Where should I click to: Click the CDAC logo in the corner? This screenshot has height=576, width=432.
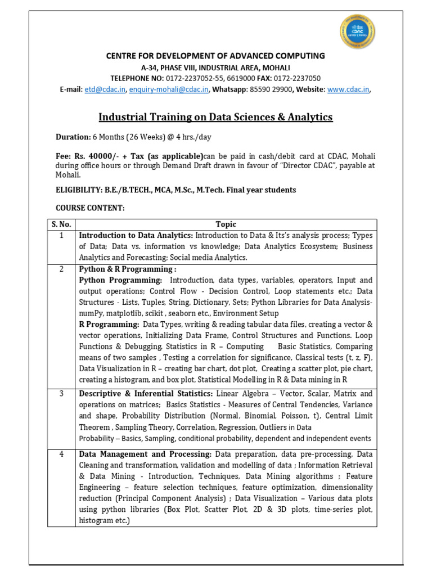(x=357, y=33)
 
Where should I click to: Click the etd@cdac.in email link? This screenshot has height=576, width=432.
(x=105, y=89)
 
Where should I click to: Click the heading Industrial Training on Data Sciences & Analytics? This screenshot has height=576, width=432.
(x=216, y=117)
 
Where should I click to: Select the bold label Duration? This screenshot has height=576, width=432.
(x=73, y=137)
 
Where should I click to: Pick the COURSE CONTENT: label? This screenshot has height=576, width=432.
(x=89, y=208)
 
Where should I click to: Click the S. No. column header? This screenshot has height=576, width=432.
(x=61, y=224)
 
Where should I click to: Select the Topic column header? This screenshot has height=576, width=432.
(x=226, y=224)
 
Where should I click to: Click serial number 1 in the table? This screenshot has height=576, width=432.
(x=61, y=235)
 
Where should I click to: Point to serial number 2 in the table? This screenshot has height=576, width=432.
(x=61, y=269)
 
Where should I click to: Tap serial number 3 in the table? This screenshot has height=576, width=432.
(x=61, y=394)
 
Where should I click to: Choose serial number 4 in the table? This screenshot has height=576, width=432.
(x=61, y=454)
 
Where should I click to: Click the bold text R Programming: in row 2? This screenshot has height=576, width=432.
(x=109, y=325)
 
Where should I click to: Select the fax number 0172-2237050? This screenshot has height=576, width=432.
(x=300, y=78)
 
